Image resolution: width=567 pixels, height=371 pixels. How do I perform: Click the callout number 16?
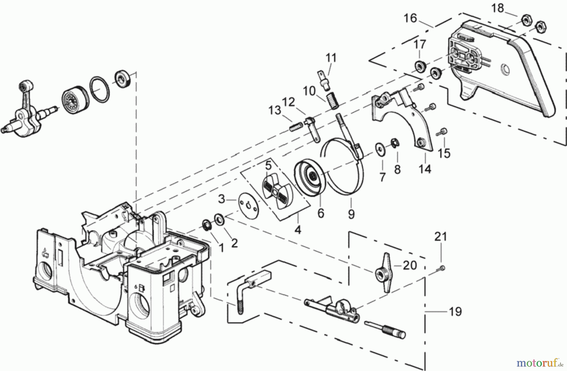tap(410, 18)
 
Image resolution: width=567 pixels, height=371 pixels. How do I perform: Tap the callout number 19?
tap(455, 312)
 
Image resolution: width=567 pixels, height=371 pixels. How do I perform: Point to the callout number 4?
tap(298, 230)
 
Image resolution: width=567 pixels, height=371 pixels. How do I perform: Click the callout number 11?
tap(331, 58)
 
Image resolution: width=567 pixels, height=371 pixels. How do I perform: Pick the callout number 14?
tap(425, 169)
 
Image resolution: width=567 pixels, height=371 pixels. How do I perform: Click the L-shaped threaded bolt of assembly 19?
tap(239, 295)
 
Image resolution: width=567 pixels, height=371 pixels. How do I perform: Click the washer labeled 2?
tap(218, 219)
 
